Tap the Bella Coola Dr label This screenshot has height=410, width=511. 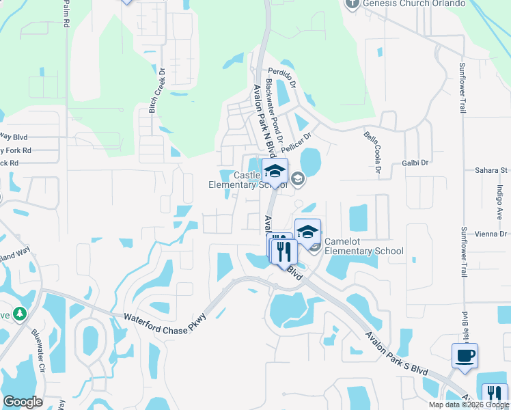pyautogui.click(x=372, y=153)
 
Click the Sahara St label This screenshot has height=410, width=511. pyautogui.click(x=493, y=170)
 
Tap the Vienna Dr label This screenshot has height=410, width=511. pyautogui.click(x=493, y=234)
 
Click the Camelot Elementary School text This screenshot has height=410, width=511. pyautogui.click(x=363, y=246)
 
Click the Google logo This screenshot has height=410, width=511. pyautogui.click(x=23, y=402)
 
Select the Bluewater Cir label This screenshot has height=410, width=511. pyautogui.click(x=38, y=351)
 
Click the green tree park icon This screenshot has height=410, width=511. pyautogui.click(x=20, y=314)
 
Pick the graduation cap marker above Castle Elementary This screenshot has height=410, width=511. pyautogui.click(x=275, y=172)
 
